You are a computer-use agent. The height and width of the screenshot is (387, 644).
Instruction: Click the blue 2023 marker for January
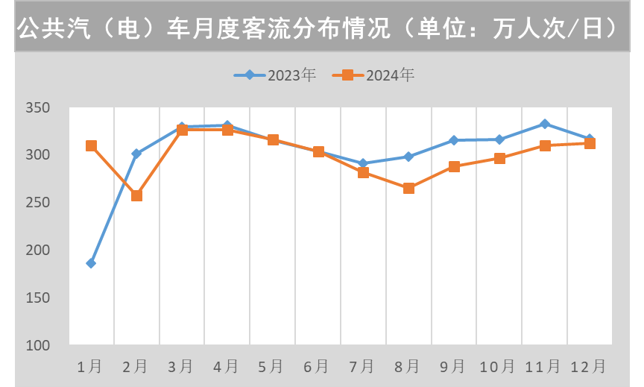click(x=91, y=263)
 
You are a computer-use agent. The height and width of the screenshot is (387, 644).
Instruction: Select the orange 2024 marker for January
click(x=91, y=146)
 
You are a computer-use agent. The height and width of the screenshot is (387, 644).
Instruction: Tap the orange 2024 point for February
click(x=136, y=195)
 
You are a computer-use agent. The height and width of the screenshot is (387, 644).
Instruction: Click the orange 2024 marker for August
click(x=408, y=189)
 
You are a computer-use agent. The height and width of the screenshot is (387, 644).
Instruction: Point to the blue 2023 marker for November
click(x=545, y=124)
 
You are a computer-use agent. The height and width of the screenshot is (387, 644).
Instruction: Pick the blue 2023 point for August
click(x=408, y=157)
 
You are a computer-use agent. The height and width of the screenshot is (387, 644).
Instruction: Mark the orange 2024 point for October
click(x=499, y=158)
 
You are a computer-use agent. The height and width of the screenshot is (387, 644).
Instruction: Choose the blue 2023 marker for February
click(x=136, y=154)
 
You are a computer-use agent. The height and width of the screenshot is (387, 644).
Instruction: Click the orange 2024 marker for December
click(x=590, y=143)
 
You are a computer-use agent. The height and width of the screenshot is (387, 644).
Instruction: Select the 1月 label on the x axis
click(x=91, y=367)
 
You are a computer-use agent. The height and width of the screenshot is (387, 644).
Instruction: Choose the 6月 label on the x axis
click(x=318, y=367)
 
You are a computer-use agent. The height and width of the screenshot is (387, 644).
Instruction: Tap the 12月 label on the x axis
click(x=588, y=367)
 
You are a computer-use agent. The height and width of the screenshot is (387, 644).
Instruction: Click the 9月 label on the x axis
click(x=453, y=367)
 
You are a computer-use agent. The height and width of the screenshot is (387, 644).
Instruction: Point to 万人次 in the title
click(x=528, y=28)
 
